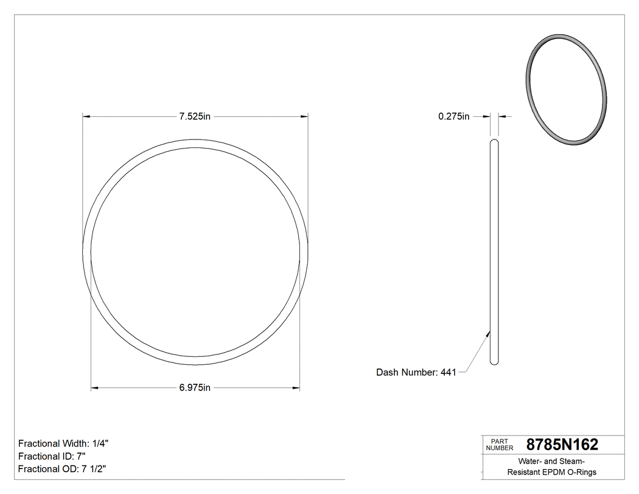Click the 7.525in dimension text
(194, 116)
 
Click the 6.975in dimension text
(194, 387)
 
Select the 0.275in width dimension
(453, 116)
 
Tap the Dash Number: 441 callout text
(416, 372)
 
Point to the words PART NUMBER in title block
(499, 444)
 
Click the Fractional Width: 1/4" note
(64, 443)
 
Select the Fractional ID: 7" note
(52, 456)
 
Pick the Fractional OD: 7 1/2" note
(63, 469)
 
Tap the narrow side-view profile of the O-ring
(494, 252)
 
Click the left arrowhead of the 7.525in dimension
(87, 116)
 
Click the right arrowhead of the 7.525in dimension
(304, 116)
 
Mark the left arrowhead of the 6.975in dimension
(95, 387)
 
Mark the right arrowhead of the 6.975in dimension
(296, 387)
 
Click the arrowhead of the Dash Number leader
(489, 333)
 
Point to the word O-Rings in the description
(582, 472)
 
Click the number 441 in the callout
(448, 372)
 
